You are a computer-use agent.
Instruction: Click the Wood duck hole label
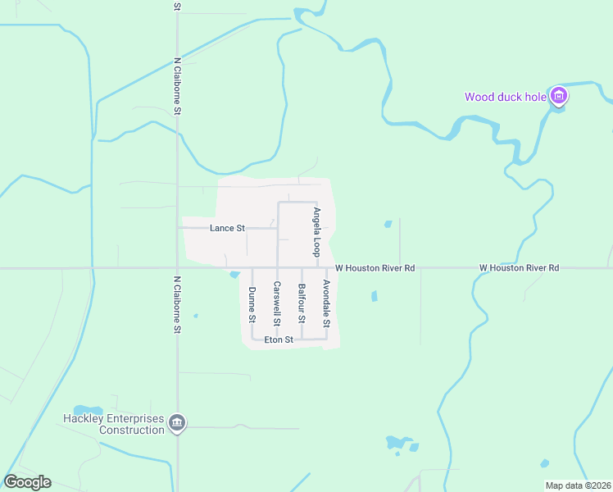(x=505, y=97)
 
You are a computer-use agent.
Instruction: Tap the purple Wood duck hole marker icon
(x=559, y=97)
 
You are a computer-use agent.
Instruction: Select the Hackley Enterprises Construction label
(x=114, y=424)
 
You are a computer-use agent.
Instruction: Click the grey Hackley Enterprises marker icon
(x=177, y=423)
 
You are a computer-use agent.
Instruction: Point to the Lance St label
(x=227, y=228)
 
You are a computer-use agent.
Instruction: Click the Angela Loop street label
(x=316, y=230)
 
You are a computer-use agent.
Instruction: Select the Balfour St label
(x=302, y=302)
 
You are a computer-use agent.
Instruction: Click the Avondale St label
(x=325, y=302)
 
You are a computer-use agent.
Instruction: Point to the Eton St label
(x=279, y=339)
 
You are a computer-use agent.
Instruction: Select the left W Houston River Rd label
(x=375, y=267)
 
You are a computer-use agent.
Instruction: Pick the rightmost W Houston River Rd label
(x=519, y=267)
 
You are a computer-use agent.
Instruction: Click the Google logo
(x=27, y=482)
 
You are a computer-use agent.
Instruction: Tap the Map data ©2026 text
(x=578, y=485)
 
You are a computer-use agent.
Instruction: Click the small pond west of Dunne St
(x=234, y=274)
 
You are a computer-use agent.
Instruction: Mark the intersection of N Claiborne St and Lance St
(x=178, y=228)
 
